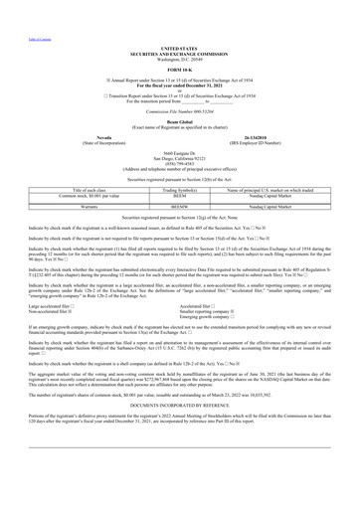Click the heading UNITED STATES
click(x=179, y=46)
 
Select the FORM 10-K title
click(x=179, y=67)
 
